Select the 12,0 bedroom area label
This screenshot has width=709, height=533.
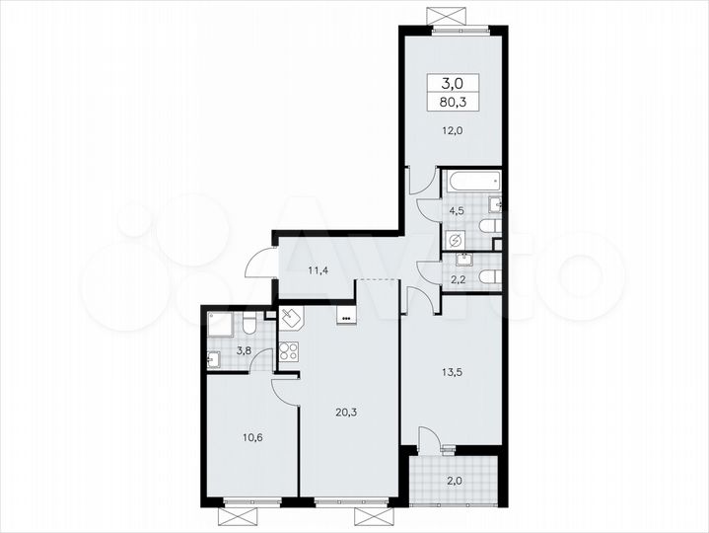tap(453, 129)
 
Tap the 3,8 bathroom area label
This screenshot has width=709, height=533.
tap(244, 348)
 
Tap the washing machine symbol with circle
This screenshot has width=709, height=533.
tap(456, 240)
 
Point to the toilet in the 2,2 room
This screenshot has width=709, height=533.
tap(489, 279)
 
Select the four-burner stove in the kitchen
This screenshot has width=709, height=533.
tap(290, 351)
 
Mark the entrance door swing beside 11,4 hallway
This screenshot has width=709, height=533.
tap(260, 262)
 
